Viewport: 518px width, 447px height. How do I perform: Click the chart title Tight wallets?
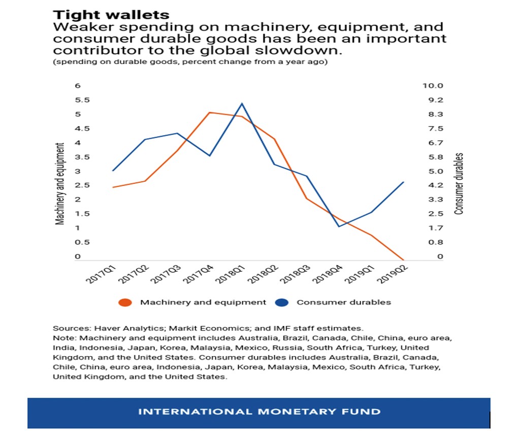click(x=111, y=14)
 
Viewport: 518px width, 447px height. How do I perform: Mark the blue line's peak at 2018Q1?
click(x=242, y=104)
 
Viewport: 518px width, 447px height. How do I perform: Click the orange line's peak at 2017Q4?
click(x=210, y=112)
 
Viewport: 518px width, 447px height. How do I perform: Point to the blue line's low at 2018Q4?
click(x=339, y=226)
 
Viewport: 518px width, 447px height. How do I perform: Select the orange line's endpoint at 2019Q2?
click(x=404, y=259)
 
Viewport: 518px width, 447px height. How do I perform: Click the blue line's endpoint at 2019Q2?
click(x=404, y=182)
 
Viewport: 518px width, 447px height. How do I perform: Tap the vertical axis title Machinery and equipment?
click(x=60, y=183)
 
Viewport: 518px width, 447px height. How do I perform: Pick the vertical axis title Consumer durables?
click(x=459, y=183)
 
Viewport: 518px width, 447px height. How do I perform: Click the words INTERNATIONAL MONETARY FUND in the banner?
click(x=259, y=411)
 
